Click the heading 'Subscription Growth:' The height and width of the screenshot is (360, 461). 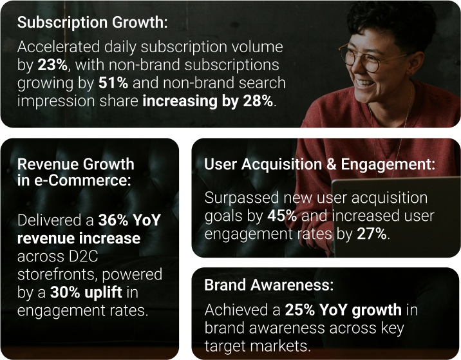pyautogui.click(x=92, y=23)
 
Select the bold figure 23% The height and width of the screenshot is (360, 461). pyautogui.click(x=53, y=65)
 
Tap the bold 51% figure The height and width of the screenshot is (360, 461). pyautogui.click(x=113, y=83)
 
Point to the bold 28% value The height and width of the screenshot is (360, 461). pyautogui.click(x=258, y=101)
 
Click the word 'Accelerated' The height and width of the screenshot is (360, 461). pyautogui.click(x=58, y=47)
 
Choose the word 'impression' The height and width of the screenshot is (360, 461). pyautogui.click(x=56, y=102)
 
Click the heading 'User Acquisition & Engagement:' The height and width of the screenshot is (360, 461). pyautogui.click(x=319, y=165)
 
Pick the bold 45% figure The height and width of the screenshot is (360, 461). pyautogui.click(x=282, y=216)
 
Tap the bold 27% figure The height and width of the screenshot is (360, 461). pyautogui.click(x=372, y=234)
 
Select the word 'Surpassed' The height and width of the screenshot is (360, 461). pyautogui.click(x=241, y=198)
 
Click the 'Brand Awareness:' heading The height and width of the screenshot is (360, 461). pyautogui.click(x=269, y=285)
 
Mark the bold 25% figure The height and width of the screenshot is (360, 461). pyautogui.click(x=300, y=310)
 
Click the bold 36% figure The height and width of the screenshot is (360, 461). pyautogui.click(x=113, y=220)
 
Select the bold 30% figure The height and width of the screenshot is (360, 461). pyautogui.click(x=65, y=292)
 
